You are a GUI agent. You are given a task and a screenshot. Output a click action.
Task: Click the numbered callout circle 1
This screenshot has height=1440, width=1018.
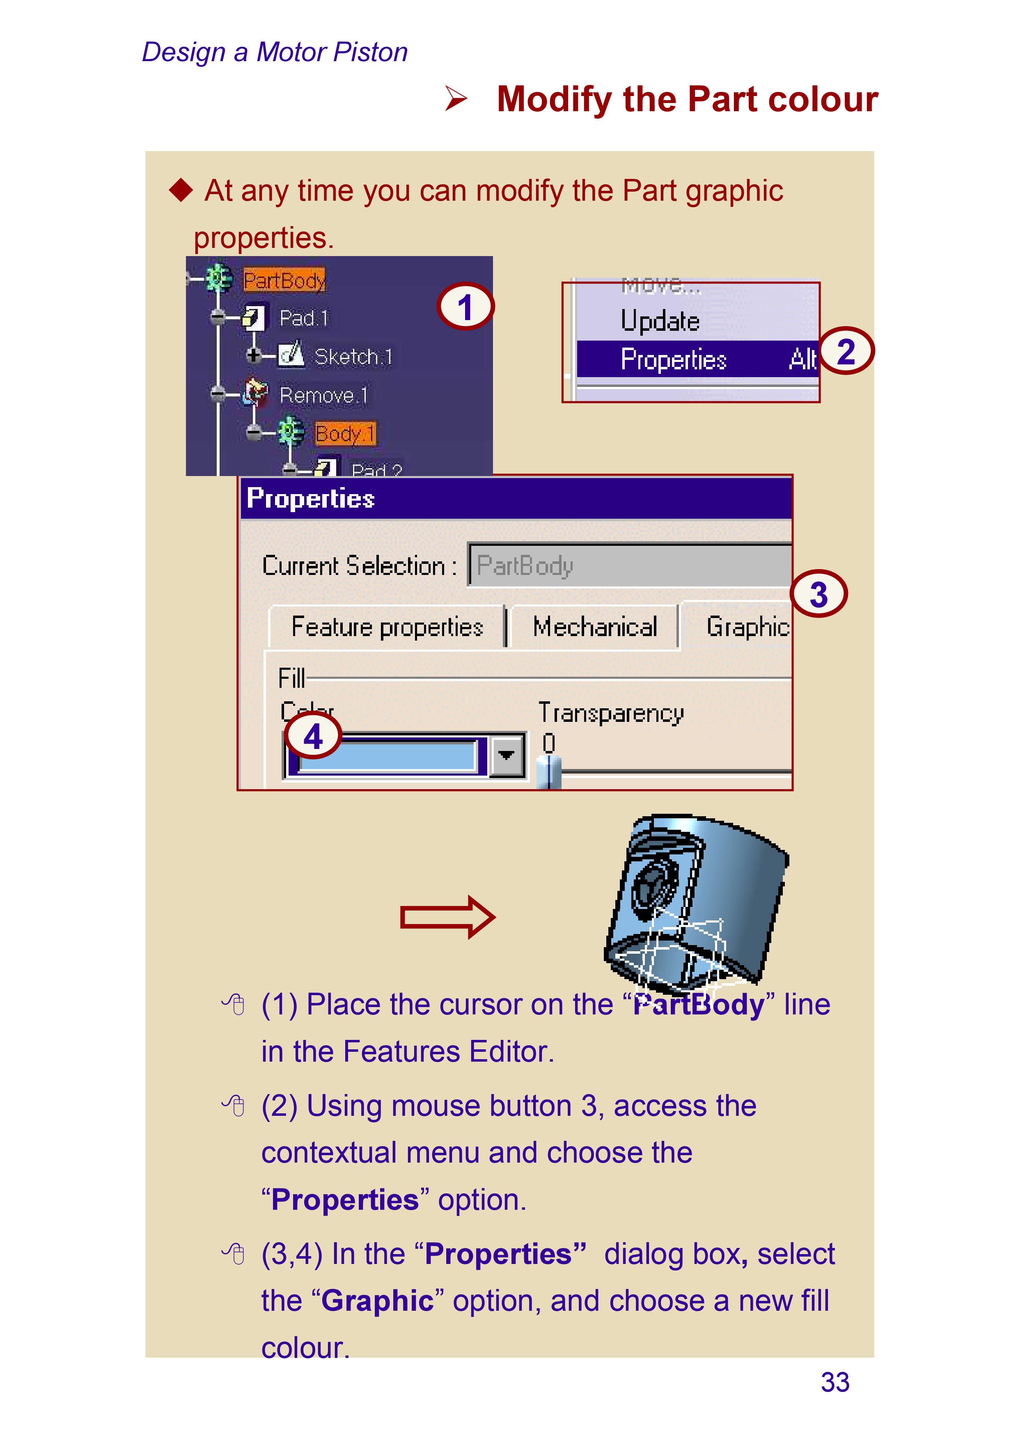465,307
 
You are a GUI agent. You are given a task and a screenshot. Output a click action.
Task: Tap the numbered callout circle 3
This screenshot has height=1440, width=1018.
818,593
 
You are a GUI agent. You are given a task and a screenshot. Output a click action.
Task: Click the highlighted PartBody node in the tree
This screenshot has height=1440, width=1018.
284,280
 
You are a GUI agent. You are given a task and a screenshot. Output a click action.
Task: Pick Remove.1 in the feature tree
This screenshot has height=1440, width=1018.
323,395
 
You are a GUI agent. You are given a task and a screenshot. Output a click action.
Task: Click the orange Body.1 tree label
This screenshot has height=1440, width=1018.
345,433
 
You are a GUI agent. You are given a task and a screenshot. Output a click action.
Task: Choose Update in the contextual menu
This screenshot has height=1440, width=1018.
660,321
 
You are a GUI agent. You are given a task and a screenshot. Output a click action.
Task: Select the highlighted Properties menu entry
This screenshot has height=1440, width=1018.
674,359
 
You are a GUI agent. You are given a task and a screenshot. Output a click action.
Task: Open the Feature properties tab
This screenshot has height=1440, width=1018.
387,627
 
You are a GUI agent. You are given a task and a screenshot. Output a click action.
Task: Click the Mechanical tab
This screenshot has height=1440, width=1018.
595,627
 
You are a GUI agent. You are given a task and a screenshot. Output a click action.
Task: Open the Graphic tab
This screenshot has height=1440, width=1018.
746,627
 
